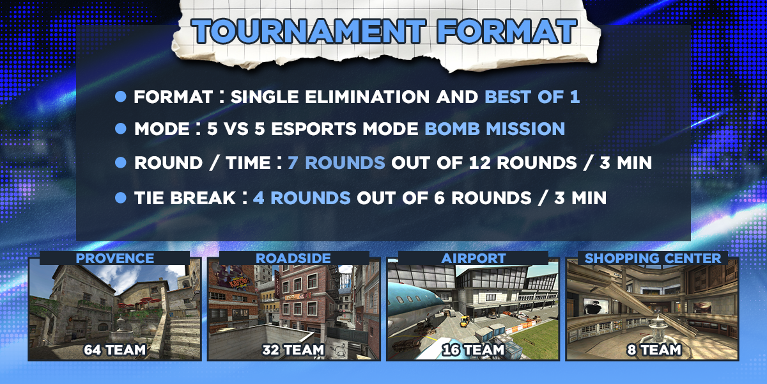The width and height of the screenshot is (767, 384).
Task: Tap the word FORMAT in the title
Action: click(x=507, y=31)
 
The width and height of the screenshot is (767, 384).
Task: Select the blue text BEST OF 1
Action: click(x=532, y=97)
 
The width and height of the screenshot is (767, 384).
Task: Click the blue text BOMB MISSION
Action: click(x=495, y=129)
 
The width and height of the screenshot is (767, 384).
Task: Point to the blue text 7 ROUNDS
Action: click(x=336, y=163)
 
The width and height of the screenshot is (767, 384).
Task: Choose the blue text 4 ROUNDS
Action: click(x=302, y=198)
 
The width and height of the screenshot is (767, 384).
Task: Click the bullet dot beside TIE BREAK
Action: click(x=121, y=198)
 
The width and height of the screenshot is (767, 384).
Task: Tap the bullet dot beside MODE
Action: click(x=121, y=129)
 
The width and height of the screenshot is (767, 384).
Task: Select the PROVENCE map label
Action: click(x=114, y=259)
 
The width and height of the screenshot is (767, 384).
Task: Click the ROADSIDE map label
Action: click(x=293, y=259)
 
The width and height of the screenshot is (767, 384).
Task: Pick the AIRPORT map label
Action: click(x=474, y=259)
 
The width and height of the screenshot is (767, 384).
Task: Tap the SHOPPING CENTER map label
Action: click(x=653, y=259)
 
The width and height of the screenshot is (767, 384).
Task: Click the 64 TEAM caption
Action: click(x=114, y=350)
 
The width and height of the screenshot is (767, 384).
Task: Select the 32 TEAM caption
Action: click(x=293, y=350)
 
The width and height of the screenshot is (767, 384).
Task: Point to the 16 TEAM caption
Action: click(x=473, y=350)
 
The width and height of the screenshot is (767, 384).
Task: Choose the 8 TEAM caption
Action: click(x=654, y=350)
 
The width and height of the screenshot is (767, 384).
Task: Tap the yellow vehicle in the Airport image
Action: click(x=464, y=321)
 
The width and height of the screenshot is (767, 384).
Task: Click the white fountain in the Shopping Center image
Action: click(x=657, y=328)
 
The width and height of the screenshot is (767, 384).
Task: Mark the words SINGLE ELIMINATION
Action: click(x=330, y=97)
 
